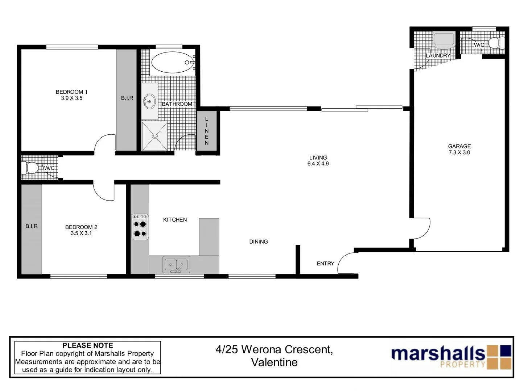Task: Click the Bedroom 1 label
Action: pos(71,92)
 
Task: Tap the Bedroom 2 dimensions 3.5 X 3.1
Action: pos(81,234)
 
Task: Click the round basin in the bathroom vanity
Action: pos(149,102)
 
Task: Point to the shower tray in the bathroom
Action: pos(155,136)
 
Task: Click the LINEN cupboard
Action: pos(207,131)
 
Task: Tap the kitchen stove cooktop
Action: pos(140,226)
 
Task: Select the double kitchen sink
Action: pos(176,265)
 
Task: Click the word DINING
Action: pos(258,241)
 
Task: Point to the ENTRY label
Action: pos(325,264)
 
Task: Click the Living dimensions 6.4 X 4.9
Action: pos(318,164)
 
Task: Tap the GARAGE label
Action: pos(459,146)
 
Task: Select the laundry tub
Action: pos(443,41)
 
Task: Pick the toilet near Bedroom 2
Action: pos(30,168)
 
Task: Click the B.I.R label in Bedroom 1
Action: pos(127,98)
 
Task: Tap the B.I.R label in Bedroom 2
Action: pos(32,226)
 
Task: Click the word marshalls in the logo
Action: pos(438,353)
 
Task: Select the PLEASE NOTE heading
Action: pos(88,345)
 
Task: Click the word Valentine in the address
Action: pos(274,362)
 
